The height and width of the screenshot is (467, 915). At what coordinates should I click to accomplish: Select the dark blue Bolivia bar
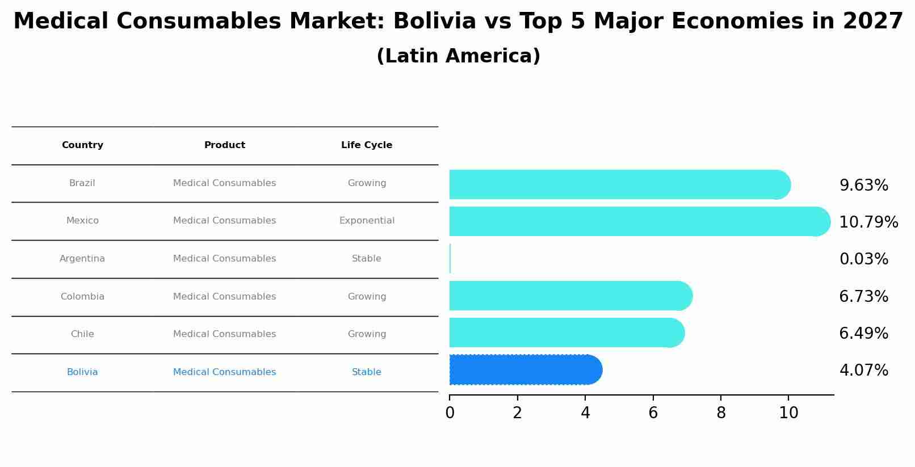pos(522,370)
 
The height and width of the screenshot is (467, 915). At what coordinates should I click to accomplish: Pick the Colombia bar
pos(568,296)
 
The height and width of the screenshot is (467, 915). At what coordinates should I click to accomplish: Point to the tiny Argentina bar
pos(450,259)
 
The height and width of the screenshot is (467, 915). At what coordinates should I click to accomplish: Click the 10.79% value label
pos(868,222)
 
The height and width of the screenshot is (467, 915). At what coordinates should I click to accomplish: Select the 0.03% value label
pos(863,259)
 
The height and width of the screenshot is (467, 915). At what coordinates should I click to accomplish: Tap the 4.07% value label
pos(863,371)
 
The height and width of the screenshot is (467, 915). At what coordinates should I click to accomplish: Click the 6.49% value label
pos(863,334)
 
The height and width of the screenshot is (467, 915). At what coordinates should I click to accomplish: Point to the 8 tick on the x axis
pos(721,413)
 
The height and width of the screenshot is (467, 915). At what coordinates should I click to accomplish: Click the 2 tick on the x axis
pos(517,413)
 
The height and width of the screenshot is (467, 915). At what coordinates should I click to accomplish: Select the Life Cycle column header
pos(367,145)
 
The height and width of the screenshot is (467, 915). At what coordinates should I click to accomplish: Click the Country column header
pos(82,145)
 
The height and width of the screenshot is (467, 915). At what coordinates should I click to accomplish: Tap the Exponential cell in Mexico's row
pos(367,221)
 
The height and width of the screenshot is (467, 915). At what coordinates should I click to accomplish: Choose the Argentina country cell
pos(82,259)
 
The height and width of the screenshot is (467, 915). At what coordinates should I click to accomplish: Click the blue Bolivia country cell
pos(82,372)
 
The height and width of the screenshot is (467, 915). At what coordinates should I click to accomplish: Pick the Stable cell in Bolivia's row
pos(367,372)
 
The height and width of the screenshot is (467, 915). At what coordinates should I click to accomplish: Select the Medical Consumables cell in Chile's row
pos(224,334)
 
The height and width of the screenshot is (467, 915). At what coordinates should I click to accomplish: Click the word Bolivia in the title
pos(434,22)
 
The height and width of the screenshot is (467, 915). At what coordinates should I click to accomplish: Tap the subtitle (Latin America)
pos(458,56)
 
